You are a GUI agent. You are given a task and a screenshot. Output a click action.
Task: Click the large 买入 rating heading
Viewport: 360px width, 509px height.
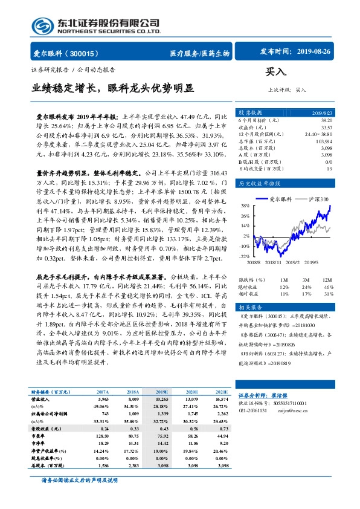pyautogui.click(x=276, y=72)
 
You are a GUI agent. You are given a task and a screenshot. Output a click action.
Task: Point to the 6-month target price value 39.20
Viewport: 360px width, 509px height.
pyautogui.click(x=327, y=120)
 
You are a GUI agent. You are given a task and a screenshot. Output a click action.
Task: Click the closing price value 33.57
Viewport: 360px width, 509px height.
pyautogui.click(x=326, y=127)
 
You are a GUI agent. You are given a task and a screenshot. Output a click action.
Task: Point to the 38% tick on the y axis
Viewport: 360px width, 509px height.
pyautogui.click(x=245, y=205)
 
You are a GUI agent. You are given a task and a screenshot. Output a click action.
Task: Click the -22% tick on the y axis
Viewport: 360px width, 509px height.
pyautogui.click(x=243, y=256)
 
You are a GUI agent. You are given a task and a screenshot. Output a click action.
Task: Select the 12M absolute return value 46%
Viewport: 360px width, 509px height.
pyautogui.click(x=328, y=287)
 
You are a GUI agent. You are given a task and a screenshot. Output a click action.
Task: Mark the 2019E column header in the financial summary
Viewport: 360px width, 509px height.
pyautogui.click(x=162, y=392)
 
